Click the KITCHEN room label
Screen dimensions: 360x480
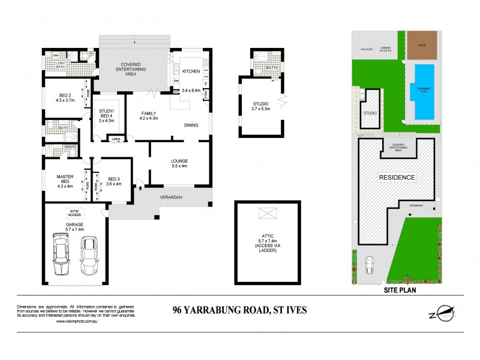191,71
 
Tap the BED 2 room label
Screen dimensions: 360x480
66,98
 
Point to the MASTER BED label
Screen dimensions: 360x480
65,179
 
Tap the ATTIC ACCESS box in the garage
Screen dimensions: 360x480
75,213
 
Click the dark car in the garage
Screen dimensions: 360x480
62,252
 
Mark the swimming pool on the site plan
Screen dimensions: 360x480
424,92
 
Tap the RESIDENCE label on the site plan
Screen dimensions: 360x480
396,178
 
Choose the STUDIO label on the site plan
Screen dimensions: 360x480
370,112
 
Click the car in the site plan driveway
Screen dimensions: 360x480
370,263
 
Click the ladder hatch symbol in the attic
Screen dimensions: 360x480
266,212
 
